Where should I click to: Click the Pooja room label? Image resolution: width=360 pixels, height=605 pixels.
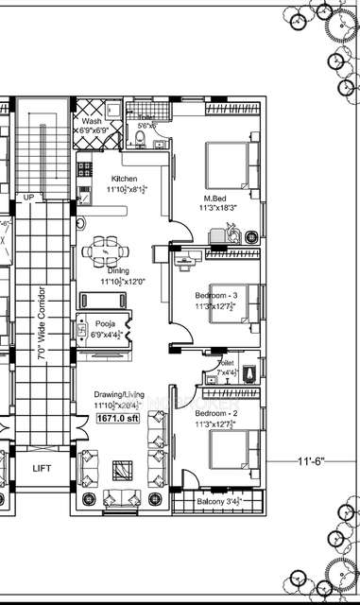(105, 323)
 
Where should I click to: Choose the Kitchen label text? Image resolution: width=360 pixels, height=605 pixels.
(126, 179)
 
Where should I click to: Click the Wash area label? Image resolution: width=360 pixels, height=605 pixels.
(92, 122)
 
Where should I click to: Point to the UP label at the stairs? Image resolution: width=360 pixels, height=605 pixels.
(27, 197)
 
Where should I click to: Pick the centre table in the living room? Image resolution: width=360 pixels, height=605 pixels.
(122, 469)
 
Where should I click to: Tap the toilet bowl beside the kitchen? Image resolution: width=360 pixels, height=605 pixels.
(140, 139)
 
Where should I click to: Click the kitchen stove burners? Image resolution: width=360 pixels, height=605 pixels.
(83, 174)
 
